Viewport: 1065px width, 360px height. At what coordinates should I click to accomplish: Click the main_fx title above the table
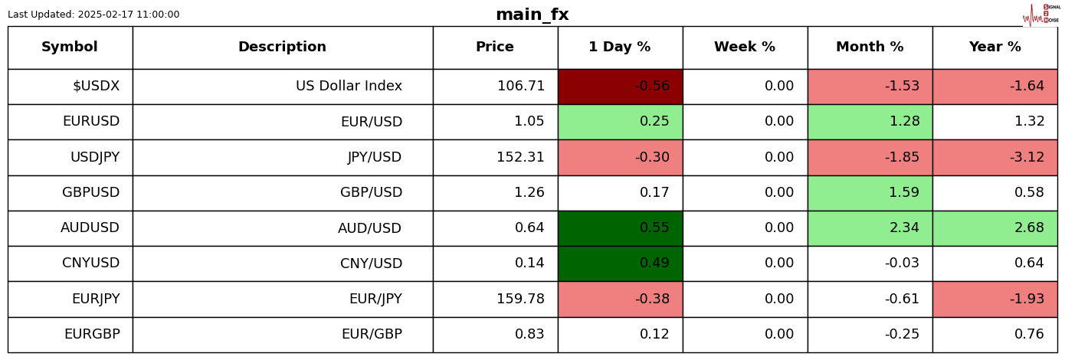(x=532, y=15)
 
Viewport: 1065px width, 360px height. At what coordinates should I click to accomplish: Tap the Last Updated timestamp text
(x=93, y=15)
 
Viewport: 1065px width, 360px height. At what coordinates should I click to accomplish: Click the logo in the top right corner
(x=1041, y=15)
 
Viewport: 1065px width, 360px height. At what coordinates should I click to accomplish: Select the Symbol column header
(x=70, y=47)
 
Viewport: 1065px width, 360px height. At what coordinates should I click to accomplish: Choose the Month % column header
(x=870, y=47)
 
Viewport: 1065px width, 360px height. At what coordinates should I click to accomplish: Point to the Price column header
(x=495, y=47)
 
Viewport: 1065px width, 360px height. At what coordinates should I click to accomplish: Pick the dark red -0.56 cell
(x=620, y=87)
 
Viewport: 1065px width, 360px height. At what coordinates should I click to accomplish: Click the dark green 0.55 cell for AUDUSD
(x=620, y=228)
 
